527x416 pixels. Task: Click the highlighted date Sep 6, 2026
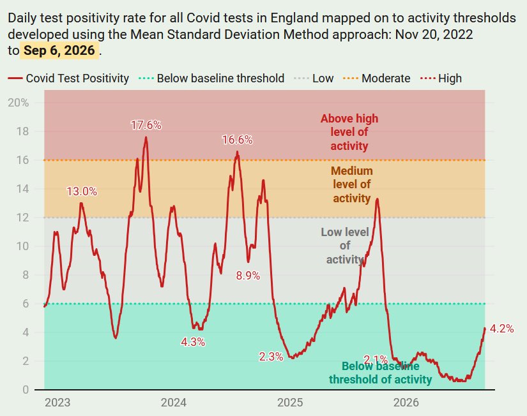59,50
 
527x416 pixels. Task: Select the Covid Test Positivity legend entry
68,78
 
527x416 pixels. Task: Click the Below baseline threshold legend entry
211,78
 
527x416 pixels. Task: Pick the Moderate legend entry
376,78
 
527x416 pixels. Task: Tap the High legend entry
441,78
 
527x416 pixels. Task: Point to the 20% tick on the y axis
18,103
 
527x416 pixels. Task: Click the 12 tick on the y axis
22,218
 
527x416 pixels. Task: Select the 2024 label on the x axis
173,402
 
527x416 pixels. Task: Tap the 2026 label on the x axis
406,402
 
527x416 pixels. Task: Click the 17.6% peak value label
146,125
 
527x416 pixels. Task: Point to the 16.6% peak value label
237,140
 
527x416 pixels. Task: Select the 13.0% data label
82,191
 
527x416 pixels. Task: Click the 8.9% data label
248,276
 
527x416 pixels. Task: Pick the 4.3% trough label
193,342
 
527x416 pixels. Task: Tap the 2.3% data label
271,357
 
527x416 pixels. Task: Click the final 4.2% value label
502,329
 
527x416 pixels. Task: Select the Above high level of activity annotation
349,132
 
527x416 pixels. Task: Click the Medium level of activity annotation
352,184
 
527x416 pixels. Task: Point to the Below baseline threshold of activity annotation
380,373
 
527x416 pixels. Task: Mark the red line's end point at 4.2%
485,328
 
